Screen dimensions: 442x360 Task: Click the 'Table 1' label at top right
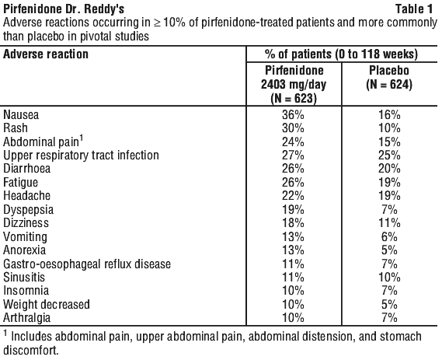pyautogui.click(x=414, y=9)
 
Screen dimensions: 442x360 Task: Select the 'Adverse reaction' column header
pyautogui.click(x=46, y=54)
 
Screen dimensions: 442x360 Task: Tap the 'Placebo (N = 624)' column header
pyautogui.click(x=389, y=77)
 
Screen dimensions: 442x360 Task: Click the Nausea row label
pyautogui.click(x=21, y=115)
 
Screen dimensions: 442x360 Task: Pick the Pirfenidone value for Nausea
pyautogui.click(x=293, y=115)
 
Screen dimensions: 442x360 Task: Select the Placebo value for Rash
pyautogui.click(x=389, y=128)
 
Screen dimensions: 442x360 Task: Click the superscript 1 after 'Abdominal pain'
pyautogui.click(x=82, y=138)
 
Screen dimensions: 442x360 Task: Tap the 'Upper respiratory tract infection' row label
pyautogui.click(x=82, y=156)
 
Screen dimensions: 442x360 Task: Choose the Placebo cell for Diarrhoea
pyautogui.click(x=389, y=169)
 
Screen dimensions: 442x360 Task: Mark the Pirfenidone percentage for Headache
pyautogui.click(x=293, y=195)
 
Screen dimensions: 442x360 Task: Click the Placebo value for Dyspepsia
pyautogui.click(x=389, y=209)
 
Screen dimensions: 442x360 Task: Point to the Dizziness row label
pyautogui.click(x=26, y=223)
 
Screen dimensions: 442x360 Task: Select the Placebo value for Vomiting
pyautogui.click(x=389, y=236)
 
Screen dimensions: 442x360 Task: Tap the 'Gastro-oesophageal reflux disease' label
pyautogui.click(x=87, y=264)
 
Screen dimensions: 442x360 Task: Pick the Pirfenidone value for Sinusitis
pyautogui.click(x=293, y=277)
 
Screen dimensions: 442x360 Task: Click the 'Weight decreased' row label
pyautogui.click(x=47, y=304)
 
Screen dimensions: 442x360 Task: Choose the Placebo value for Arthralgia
pyautogui.click(x=389, y=318)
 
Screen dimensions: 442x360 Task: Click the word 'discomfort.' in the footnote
pyautogui.click(x=31, y=350)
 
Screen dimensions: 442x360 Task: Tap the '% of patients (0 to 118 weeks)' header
pyautogui.click(x=341, y=54)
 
